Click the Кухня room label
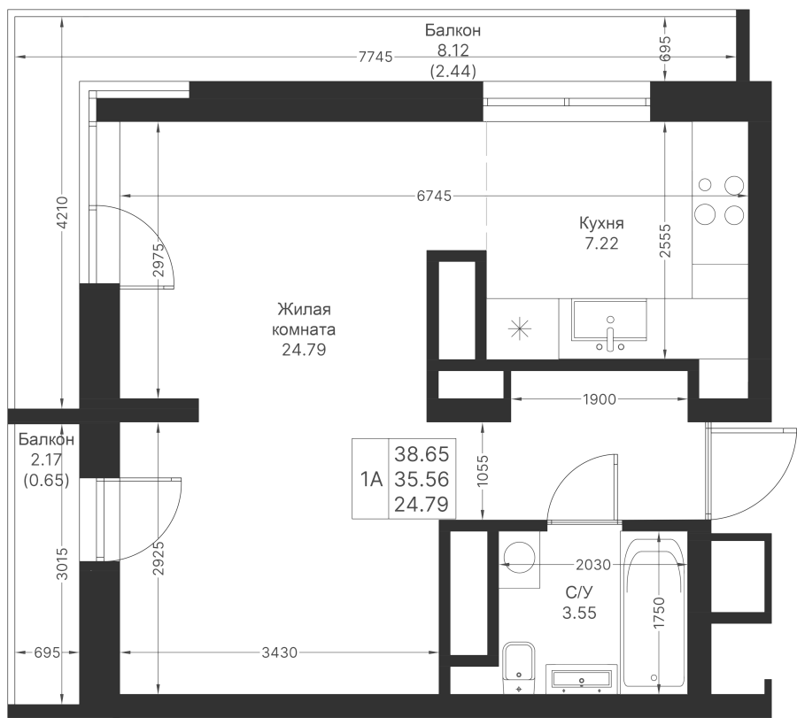(x=601, y=223)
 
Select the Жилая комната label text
(x=305, y=320)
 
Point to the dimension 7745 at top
(x=375, y=58)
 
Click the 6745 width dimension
(x=434, y=196)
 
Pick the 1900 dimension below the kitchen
(x=599, y=400)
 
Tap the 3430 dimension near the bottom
(x=279, y=652)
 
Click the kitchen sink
(x=609, y=320)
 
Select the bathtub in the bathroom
(x=654, y=611)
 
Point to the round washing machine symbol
(x=519, y=555)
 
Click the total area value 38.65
(x=422, y=455)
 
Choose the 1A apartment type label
(x=370, y=481)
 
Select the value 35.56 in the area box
(x=422, y=481)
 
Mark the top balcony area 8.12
(x=453, y=52)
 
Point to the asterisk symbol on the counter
(x=520, y=328)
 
